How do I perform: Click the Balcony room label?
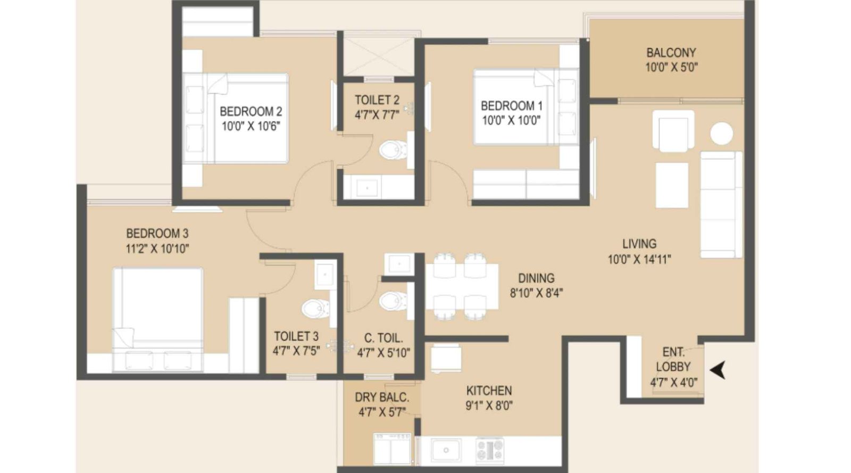671,53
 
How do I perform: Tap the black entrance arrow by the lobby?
719,370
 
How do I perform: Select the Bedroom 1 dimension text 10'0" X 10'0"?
511,121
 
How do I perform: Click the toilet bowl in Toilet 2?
394,150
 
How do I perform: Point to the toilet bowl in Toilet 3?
315,308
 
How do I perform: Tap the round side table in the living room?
721,134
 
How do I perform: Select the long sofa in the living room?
721,205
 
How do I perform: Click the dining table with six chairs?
462,287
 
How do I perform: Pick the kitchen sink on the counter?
446,450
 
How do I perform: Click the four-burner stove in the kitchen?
489,450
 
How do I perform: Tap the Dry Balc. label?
382,397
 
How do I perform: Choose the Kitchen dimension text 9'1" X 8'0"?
489,406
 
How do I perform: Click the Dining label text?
536,278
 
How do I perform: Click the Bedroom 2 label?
251,111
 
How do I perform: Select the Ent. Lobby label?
673,360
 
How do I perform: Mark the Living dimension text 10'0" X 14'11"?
639,260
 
